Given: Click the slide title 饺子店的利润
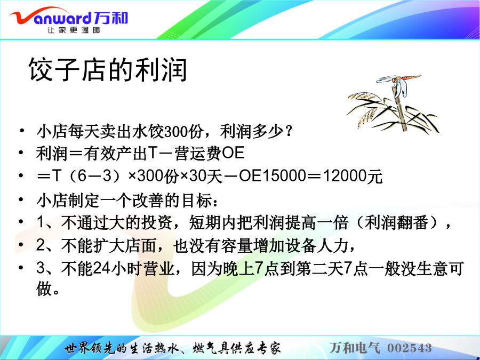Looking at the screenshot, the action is [107, 70].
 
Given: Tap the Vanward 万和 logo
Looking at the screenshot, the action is [69, 18].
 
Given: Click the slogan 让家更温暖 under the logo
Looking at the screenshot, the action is [74, 30].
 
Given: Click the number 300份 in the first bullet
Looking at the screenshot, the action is [183, 132].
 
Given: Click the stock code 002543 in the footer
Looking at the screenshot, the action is [410, 348].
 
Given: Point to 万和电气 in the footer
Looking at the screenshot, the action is [355, 348].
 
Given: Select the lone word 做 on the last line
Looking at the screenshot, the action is [44, 289].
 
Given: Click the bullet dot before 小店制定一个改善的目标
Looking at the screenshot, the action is [21, 199].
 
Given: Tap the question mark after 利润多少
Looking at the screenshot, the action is [288, 132].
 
